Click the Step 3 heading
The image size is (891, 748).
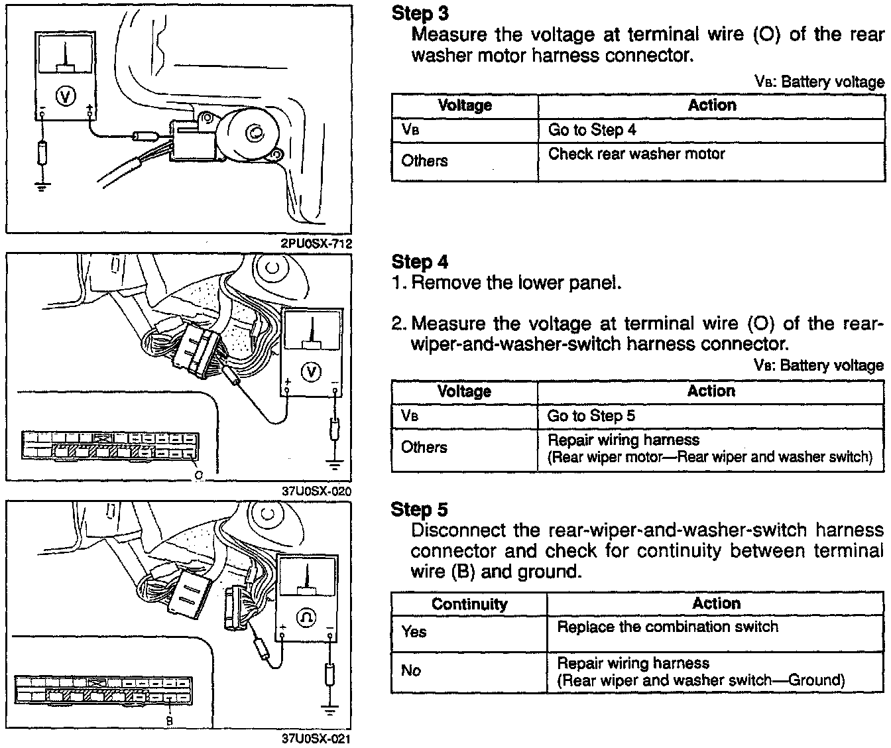pyautogui.click(x=420, y=13)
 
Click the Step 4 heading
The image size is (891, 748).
pyautogui.click(x=420, y=262)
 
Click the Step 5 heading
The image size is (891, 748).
pyautogui.click(x=420, y=509)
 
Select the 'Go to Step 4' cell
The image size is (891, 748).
pyautogui.click(x=591, y=130)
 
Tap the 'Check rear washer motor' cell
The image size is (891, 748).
pyautogui.click(x=636, y=155)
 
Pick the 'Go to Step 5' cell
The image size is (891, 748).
pyautogui.click(x=591, y=416)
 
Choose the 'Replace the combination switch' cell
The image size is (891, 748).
pyautogui.click(x=667, y=627)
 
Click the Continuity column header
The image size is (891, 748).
pyautogui.click(x=469, y=604)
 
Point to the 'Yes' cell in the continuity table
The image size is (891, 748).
pyautogui.click(x=414, y=632)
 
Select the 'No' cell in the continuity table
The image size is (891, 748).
pyautogui.click(x=411, y=670)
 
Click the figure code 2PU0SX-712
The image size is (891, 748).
pyautogui.click(x=316, y=243)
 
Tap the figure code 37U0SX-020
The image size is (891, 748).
pyautogui.click(x=316, y=491)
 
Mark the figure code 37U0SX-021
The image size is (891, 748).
pyautogui.click(x=316, y=739)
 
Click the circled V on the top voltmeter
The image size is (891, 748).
pyautogui.click(x=65, y=97)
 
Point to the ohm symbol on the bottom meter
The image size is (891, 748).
pyautogui.click(x=307, y=617)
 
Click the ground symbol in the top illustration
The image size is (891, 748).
pyautogui.click(x=42, y=186)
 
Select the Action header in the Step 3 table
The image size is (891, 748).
pyautogui.click(x=712, y=105)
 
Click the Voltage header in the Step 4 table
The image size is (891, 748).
pyautogui.click(x=464, y=391)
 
